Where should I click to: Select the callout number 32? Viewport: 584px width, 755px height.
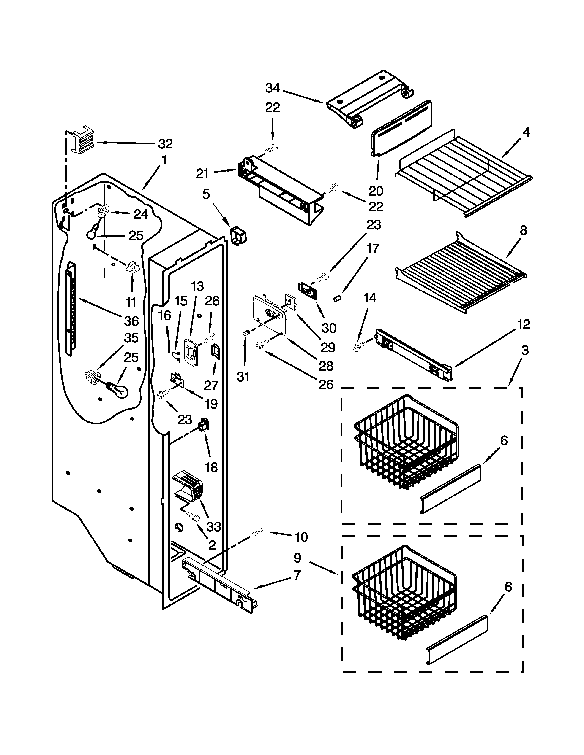[165, 143]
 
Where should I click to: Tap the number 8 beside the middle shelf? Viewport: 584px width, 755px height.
[524, 230]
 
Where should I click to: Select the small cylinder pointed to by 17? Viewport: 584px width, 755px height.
[337, 298]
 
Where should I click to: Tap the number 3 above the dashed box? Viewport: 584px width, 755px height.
[525, 350]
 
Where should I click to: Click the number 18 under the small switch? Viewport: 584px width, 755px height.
[211, 467]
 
